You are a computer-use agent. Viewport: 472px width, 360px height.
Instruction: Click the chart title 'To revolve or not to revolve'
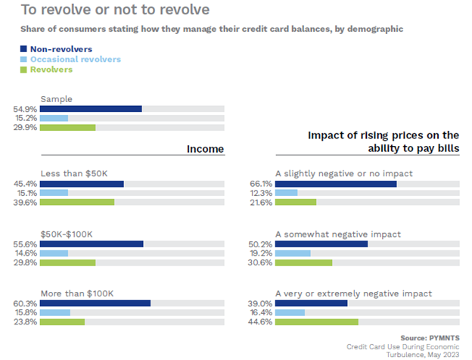tap(104, 10)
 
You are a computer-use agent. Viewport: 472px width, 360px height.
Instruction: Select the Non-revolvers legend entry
tap(51, 49)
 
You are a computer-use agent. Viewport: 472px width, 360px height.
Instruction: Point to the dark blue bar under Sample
tap(91, 109)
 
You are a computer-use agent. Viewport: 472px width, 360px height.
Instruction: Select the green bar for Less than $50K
tap(77, 202)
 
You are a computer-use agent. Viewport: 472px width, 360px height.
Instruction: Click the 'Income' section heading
tap(206, 148)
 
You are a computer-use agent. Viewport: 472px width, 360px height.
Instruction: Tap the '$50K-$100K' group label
tap(67, 234)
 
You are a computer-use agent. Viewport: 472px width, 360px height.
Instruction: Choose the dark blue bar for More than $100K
tap(95, 303)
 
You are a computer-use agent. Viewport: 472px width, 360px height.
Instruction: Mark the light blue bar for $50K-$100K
tap(54, 253)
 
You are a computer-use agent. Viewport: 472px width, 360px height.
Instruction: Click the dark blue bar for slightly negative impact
tap(336, 183)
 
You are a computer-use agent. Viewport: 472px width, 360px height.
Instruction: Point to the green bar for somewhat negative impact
tap(304, 262)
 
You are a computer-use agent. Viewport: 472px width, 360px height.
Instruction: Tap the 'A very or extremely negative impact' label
tap(353, 293)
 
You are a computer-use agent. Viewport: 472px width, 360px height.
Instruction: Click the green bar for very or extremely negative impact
tap(317, 321)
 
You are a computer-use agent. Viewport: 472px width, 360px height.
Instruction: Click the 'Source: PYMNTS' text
tap(430, 337)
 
